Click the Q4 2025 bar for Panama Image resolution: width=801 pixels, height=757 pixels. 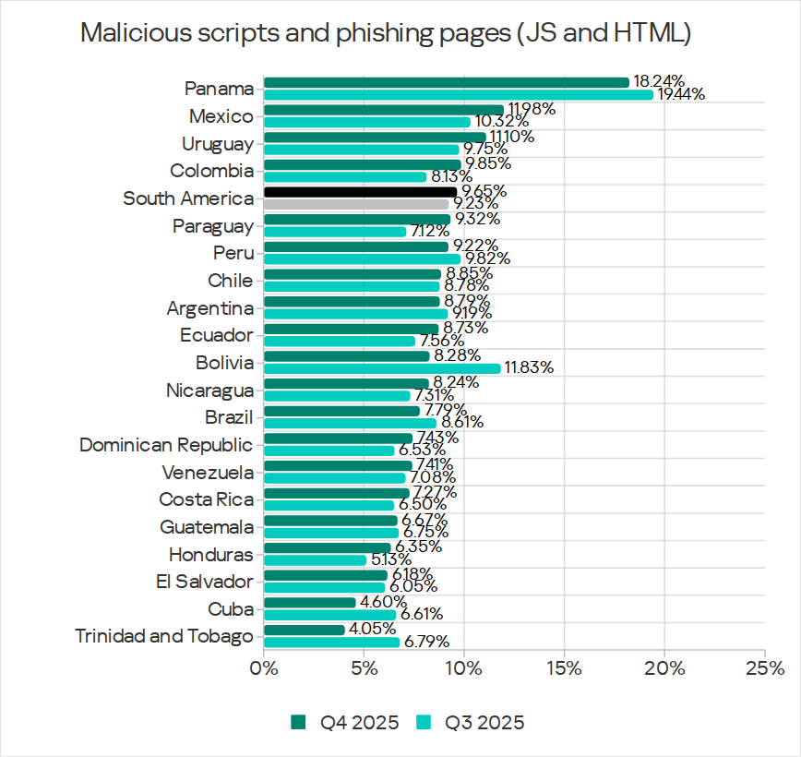pyautogui.click(x=447, y=83)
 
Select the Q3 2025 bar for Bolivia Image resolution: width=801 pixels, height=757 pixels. pyautogui.click(x=382, y=368)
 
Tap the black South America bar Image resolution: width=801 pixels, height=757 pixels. pyautogui.click(x=361, y=192)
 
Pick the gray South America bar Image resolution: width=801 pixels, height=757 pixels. pyautogui.click(x=356, y=204)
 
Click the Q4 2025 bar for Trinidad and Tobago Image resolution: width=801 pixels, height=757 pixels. pyautogui.click(x=305, y=631)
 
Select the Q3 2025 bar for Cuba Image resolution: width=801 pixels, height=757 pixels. pyautogui.click(x=329, y=615)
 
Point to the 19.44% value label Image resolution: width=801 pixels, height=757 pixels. pyautogui.click(x=681, y=94)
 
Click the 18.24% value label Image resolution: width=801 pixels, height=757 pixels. pyautogui.click(x=658, y=82)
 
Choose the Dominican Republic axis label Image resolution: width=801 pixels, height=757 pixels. pyautogui.click(x=166, y=445)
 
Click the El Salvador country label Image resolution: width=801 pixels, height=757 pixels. pyautogui.click(x=204, y=582)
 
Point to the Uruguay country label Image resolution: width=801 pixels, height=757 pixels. pyautogui.click(x=217, y=144)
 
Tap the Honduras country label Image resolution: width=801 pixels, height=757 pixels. pyautogui.click(x=210, y=555)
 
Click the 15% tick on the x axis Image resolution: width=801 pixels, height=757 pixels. pyautogui.click(x=565, y=667)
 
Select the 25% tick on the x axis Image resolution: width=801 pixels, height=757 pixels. pyautogui.click(x=764, y=667)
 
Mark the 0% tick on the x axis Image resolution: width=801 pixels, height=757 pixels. pyautogui.click(x=264, y=667)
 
